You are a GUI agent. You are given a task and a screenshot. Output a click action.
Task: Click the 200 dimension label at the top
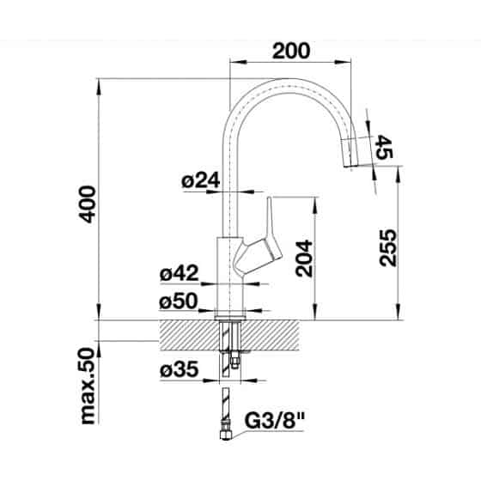291,51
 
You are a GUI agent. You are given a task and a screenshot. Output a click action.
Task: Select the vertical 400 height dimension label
88,204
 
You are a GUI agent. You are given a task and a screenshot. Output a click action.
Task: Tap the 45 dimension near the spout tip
384,147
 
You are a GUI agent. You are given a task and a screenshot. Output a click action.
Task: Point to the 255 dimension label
388,247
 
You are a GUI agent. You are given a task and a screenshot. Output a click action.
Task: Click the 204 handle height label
304,259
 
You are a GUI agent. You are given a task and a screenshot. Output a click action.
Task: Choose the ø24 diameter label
201,180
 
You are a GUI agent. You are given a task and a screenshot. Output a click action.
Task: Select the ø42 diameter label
180,273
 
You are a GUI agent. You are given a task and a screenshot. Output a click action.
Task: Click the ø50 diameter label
179,301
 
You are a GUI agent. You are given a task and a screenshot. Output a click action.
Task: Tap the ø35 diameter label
180,369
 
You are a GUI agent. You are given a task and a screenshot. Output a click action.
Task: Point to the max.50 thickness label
88,386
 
